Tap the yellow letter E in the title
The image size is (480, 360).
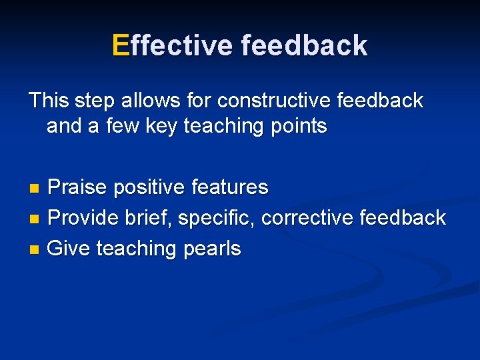tap(120, 45)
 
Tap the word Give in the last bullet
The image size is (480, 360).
tap(70, 249)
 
